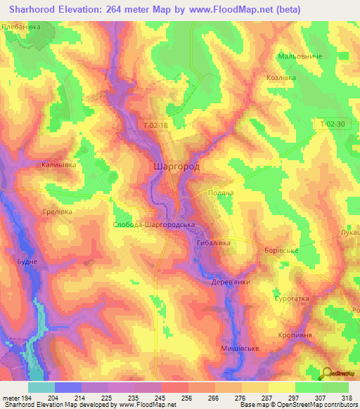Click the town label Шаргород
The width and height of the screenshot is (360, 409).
tap(176, 168)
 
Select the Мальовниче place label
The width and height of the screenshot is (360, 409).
tap(300, 56)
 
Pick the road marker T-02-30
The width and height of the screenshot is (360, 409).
tap(332, 124)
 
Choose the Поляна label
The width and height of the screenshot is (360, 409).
tap(221, 192)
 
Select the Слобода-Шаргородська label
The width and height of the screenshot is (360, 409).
tap(153, 225)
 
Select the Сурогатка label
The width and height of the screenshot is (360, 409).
tap(291, 299)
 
